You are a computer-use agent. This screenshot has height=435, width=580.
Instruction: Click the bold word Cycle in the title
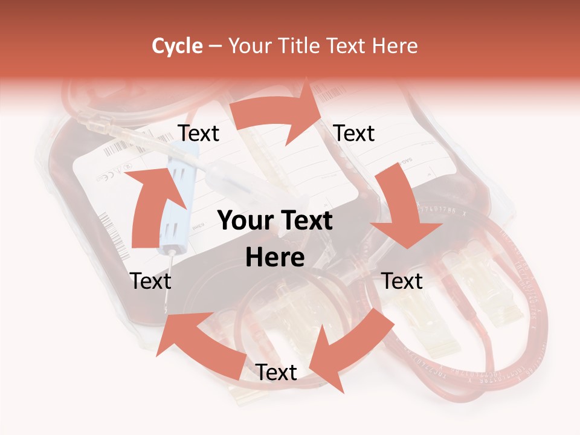click(x=177, y=46)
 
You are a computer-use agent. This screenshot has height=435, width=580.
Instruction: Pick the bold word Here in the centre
click(x=275, y=257)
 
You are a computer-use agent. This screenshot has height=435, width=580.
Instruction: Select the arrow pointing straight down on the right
click(x=403, y=208)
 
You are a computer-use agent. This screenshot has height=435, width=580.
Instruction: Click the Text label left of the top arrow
click(x=199, y=134)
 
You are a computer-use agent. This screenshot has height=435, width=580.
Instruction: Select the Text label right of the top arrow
click(x=354, y=134)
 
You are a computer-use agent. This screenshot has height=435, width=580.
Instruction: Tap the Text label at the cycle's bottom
click(x=276, y=373)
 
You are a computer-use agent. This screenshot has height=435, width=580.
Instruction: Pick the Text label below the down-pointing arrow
click(x=402, y=281)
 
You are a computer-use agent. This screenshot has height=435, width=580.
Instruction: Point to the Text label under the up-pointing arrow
click(x=150, y=281)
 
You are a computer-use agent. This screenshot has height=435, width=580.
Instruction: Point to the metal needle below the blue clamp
click(x=169, y=278)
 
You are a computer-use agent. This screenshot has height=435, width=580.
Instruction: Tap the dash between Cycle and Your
click(x=214, y=46)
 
